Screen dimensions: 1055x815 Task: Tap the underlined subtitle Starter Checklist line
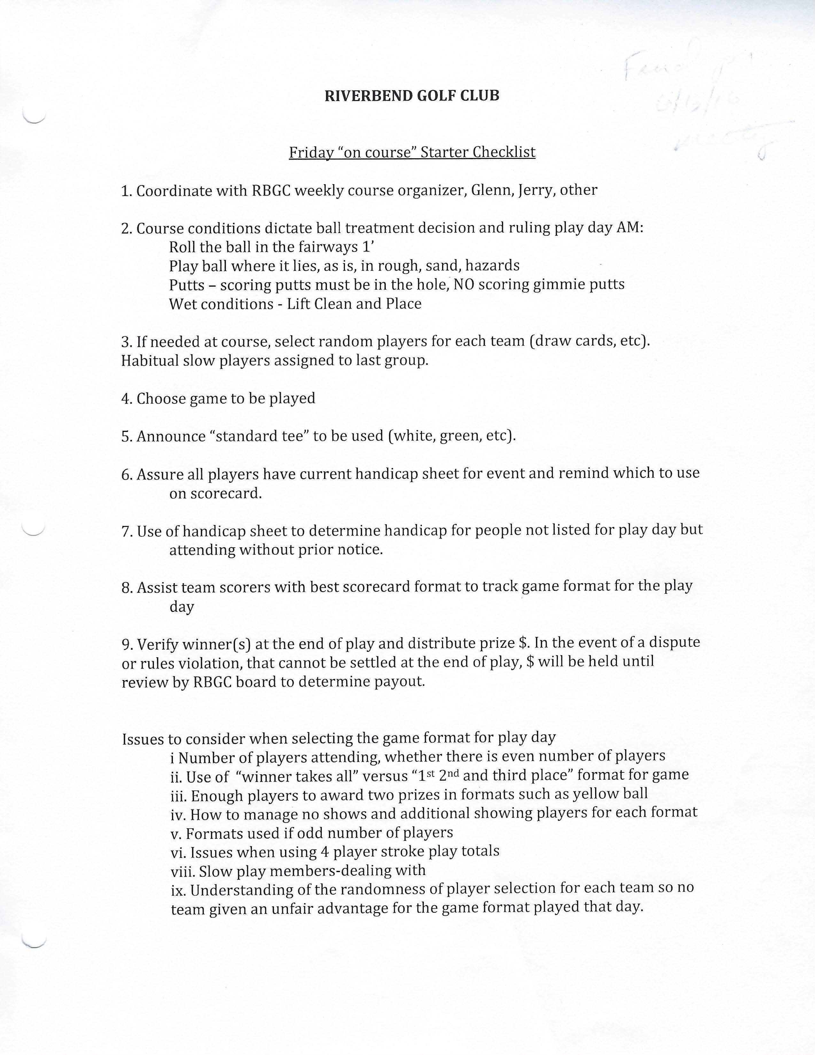pos(412,152)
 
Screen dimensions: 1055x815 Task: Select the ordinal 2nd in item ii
pos(449,775)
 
